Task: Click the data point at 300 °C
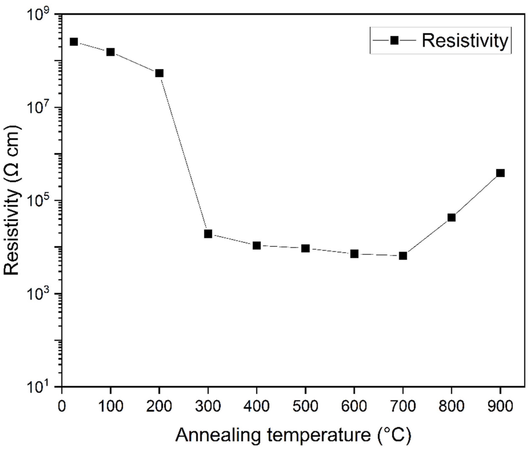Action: coord(208,234)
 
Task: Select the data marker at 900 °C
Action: coord(500,173)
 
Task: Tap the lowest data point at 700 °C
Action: coord(403,256)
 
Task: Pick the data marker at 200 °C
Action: coord(159,73)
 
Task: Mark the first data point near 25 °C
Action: coord(74,42)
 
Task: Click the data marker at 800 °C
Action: coord(451,217)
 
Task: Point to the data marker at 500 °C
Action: coord(305,248)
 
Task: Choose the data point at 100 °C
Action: coord(110,52)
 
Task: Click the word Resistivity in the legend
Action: coord(465,41)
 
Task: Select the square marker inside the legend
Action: coord(394,40)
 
